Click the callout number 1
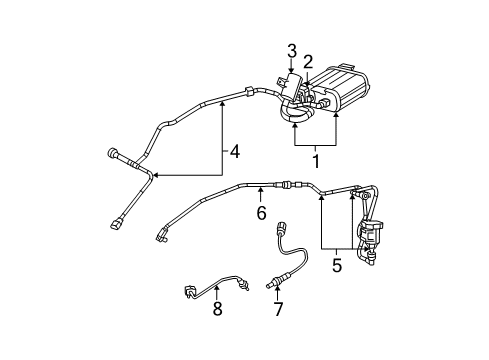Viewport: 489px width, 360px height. pos(316,159)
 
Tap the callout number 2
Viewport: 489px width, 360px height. pos(308,61)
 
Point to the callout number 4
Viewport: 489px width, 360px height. pos(235,153)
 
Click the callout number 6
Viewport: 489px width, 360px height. pos(260,213)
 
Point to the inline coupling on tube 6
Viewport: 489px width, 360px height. pos(288,185)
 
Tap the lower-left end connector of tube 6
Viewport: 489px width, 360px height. pos(160,236)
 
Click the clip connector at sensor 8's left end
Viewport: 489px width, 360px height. pos(189,292)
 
